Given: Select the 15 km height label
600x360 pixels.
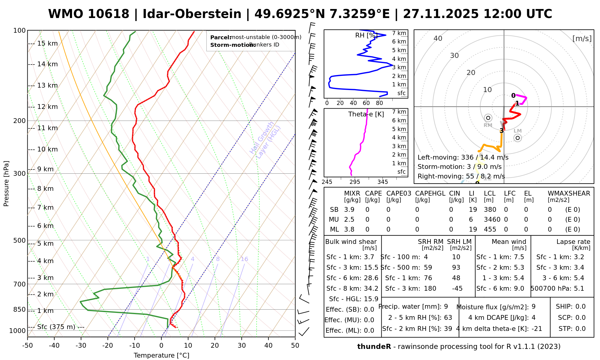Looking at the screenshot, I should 47,43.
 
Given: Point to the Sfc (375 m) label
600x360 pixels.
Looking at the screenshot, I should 56,327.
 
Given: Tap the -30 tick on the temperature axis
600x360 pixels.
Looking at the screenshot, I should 81,346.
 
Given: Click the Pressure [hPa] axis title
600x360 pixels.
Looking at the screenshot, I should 6,184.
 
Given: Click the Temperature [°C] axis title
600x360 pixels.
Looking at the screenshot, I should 161,355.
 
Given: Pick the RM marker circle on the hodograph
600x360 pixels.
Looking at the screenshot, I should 488,118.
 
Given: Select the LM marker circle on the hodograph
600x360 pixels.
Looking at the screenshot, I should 517,138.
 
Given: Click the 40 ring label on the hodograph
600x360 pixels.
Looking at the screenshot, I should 438,38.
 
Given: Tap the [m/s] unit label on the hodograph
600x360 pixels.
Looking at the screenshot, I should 582,38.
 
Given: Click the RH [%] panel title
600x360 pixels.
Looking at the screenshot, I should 366,35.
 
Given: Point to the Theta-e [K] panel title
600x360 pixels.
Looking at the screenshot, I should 366,114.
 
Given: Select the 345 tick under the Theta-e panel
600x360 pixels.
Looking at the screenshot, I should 382,182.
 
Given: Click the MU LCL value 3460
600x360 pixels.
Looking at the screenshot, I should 492,220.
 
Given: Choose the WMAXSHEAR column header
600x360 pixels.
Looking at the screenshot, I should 569,193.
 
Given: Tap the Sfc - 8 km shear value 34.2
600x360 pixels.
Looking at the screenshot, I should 371,289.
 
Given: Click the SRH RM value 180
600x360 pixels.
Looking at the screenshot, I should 430,289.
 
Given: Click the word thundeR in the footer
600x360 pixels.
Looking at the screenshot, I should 374,347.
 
